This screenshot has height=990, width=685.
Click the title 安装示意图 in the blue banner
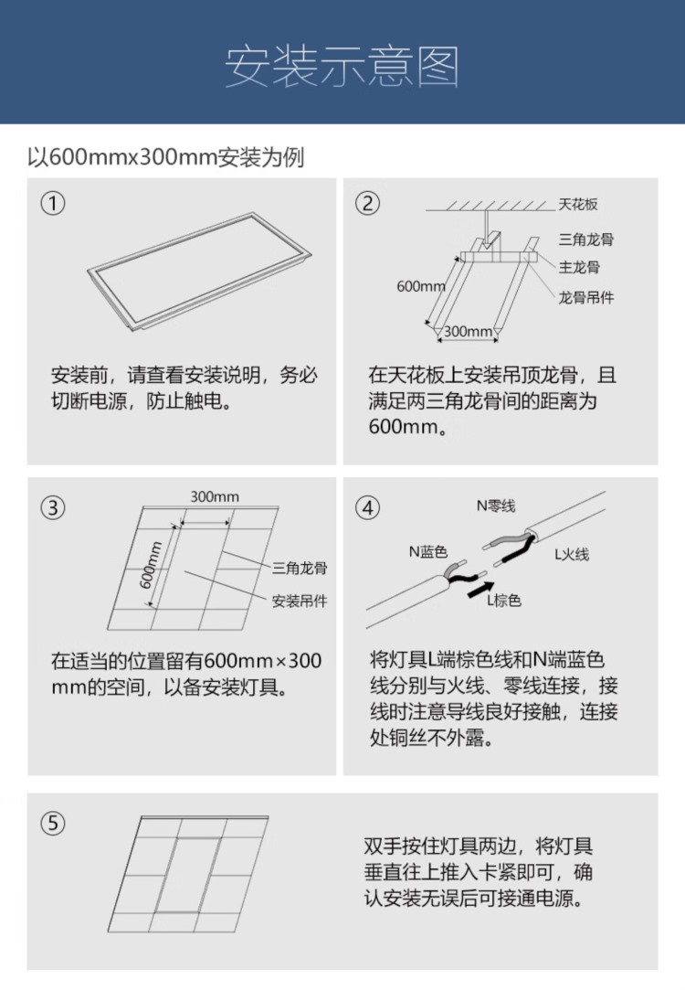point(342,67)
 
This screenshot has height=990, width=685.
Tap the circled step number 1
point(53,203)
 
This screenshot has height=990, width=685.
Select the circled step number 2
point(368,203)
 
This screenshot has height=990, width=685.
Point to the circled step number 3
point(53,507)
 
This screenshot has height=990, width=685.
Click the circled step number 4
point(368,507)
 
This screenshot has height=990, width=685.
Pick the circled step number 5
point(53,824)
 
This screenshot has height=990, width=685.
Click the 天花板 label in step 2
point(578,204)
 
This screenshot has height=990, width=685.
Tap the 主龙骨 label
point(579,267)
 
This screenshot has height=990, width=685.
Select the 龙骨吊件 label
point(586,297)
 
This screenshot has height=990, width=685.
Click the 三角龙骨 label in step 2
point(586,240)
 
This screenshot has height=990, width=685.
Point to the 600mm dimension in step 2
point(421,286)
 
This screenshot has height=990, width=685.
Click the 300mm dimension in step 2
point(468,332)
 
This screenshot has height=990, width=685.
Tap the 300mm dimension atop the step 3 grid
point(215,497)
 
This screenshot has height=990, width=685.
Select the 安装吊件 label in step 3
point(300,601)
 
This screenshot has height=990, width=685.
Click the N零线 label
point(496,506)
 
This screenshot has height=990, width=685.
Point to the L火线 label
point(572,554)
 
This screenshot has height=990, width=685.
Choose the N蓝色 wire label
point(428,552)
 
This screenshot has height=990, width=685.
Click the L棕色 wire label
point(504,601)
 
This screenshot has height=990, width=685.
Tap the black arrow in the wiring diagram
point(480,591)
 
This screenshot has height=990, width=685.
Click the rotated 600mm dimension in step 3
point(151,565)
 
